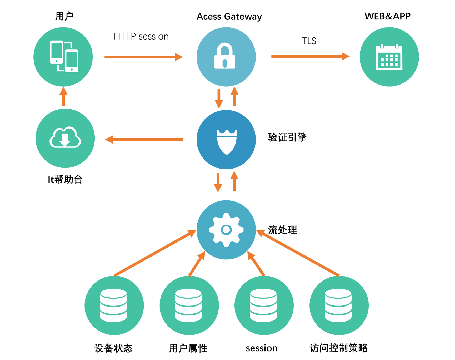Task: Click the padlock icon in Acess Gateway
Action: tap(224, 56)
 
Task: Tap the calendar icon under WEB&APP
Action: tap(389, 57)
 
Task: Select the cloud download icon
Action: tap(65, 138)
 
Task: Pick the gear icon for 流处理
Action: tap(226, 230)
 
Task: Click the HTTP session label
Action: tap(141, 36)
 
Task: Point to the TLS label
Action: tap(309, 41)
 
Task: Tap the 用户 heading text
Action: tap(64, 16)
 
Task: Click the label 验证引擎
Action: tap(287, 137)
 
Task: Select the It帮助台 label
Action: tap(65, 180)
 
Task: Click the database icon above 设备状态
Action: tap(113, 305)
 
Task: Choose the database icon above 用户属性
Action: tap(188, 305)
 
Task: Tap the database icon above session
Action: tap(263, 305)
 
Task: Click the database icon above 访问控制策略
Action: tap(338, 305)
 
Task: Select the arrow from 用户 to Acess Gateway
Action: tap(143, 57)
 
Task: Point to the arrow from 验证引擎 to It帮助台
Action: tap(144, 140)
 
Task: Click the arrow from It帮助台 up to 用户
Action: tap(63, 97)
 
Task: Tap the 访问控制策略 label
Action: tap(338, 348)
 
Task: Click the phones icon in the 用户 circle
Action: tap(64, 56)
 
